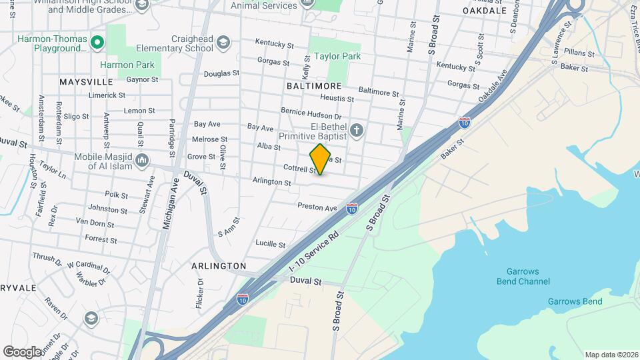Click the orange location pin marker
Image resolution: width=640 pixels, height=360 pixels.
pyautogui.click(x=320, y=159)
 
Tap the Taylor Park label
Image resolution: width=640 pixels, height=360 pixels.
pyautogui.click(x=337, y=57)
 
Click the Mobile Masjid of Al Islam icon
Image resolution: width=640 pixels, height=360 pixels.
pyautogui.click(x=142, y=160)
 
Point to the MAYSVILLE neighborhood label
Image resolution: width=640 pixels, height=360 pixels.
pyautogui.click(x=86, y=82)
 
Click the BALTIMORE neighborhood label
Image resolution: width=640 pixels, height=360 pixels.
pyautogui.click(x=314, y=86)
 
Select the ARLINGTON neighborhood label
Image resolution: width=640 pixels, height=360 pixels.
pyautogui.click(x=219, y=266)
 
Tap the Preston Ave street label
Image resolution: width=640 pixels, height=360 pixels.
pyautogui.click(x=317, y=207)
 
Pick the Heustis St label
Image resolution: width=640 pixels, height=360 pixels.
pyautogui.click(x=337, y=99)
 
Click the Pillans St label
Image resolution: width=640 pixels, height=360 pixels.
pyautogui.click(x=578, y=53)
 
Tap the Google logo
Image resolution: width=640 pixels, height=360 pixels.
pyautogui.click(x=22, y=351)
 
